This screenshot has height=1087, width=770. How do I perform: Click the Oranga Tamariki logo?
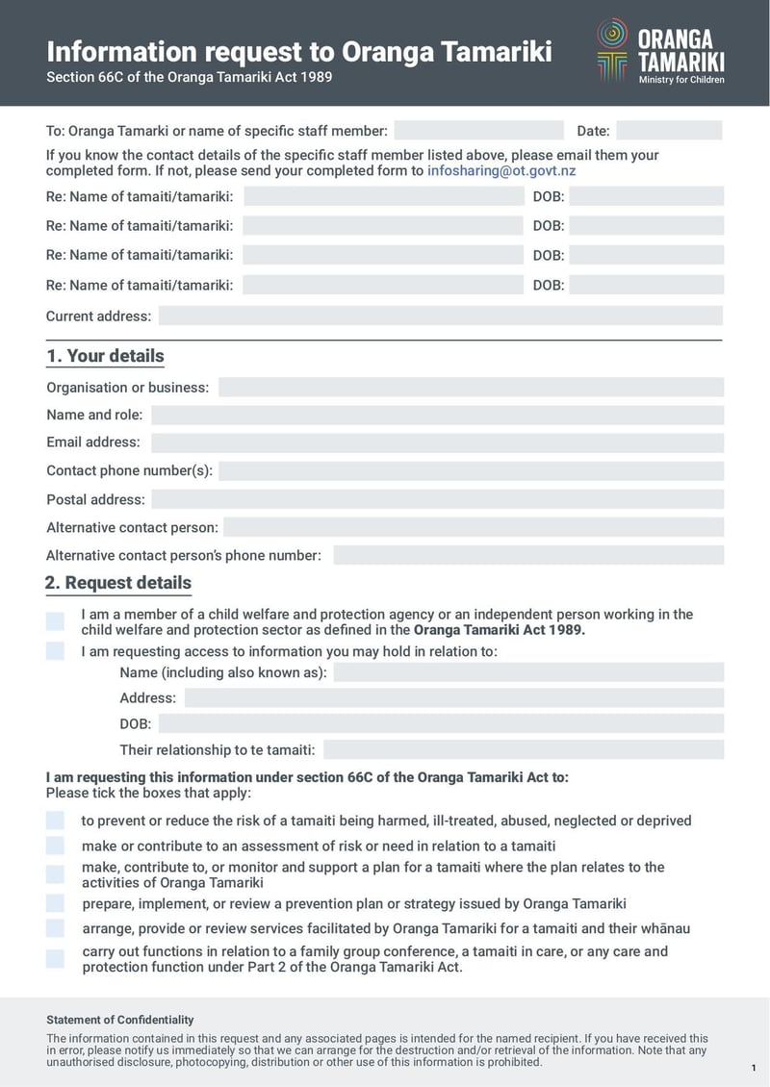tap(660, 51)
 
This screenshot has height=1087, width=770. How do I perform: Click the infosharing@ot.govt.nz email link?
tap(501, 171)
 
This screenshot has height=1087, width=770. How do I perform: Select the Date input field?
tap(669, 131)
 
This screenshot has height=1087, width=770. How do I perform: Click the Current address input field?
tap(440, 316)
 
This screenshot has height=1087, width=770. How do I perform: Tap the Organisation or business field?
tap(471, 388)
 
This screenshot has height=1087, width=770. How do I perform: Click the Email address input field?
tap(437, 442)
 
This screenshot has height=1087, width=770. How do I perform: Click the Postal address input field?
tap(437, 500)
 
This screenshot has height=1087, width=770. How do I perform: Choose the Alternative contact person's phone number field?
tap(527, 556)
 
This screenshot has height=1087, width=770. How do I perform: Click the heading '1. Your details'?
tap(106, 356)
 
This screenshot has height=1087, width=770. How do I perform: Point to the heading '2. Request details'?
tap(118, 583)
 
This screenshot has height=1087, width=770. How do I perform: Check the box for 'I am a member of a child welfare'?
tap(55, 621)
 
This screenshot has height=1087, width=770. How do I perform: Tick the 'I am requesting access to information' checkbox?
tap(55, 652)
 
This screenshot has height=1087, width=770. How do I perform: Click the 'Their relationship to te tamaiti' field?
tap(523, 750)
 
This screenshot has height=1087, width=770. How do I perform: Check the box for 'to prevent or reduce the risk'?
tap(55, 821)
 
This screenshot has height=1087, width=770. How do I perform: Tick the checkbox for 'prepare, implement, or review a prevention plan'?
tap(55, 904)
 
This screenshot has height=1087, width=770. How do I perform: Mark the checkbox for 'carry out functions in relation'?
tap(55, 958)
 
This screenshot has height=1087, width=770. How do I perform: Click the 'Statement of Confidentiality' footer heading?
tap(120, 1020)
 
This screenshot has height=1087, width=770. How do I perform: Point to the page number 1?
tap(753, 1069)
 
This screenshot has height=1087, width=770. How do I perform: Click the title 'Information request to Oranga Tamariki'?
tap(299, 51)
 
